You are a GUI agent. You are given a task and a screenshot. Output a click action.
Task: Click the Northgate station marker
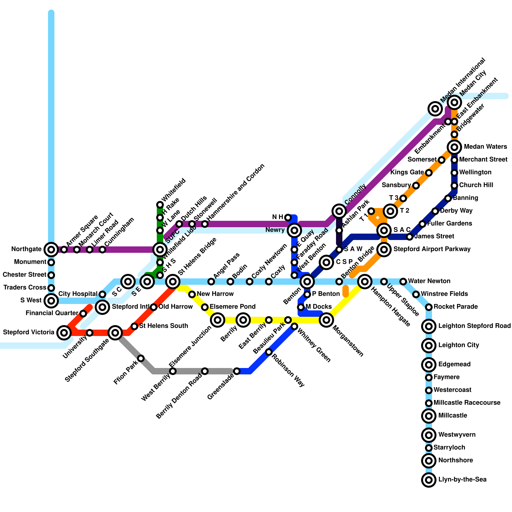51,249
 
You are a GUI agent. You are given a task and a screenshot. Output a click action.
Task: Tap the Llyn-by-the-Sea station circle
429,480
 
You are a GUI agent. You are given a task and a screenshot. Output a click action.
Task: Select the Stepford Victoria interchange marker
64,333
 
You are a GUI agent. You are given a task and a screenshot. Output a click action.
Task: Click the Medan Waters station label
485,147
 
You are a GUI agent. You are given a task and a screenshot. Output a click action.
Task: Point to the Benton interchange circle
307,282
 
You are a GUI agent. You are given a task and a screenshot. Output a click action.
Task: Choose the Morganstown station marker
326,320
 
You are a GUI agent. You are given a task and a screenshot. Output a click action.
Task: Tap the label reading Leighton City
459,345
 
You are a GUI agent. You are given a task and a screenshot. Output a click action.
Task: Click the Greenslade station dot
236,371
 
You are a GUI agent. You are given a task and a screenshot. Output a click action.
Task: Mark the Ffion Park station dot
141,358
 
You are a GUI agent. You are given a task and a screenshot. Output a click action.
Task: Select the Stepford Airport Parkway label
432,249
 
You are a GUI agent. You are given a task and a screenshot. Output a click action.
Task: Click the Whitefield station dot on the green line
160,205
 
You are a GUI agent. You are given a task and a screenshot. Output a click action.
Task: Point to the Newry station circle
294,230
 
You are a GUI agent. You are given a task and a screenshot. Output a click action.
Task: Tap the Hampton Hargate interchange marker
364,282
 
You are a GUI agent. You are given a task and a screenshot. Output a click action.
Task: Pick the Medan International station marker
435,109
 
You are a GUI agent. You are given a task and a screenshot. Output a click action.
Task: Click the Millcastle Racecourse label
467,403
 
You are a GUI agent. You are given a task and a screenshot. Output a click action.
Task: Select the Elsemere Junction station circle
218,320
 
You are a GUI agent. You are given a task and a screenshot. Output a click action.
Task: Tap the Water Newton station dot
403,282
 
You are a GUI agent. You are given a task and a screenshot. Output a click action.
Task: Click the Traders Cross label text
25,288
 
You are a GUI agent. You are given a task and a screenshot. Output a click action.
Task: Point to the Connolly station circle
339,211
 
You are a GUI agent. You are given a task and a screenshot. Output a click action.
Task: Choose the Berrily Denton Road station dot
205,371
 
